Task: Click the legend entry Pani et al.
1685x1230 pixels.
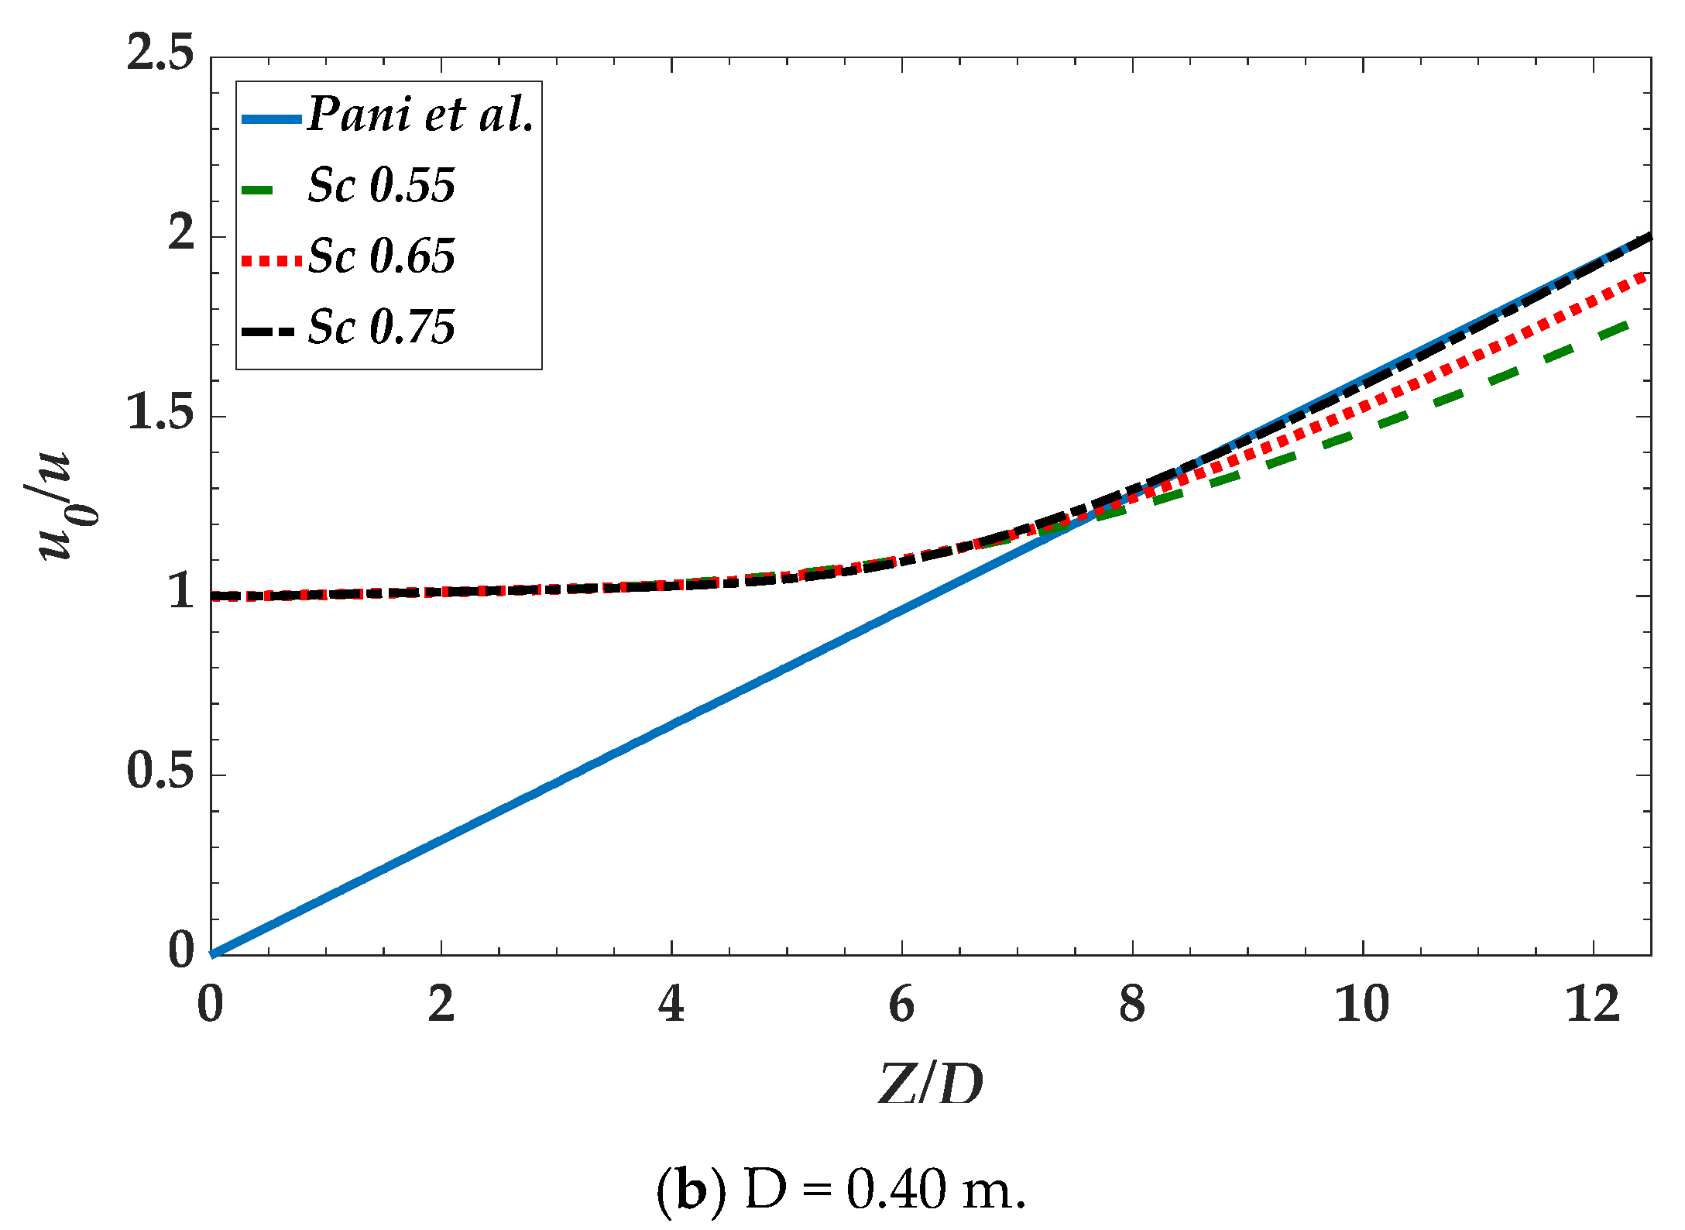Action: tap(420, 115)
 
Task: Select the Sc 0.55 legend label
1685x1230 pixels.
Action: tap(381, 186)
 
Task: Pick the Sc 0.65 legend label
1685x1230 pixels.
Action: tap(381, 256)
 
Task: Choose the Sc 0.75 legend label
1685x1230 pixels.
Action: tap(381, 327)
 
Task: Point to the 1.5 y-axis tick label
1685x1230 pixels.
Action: tap(160, 412)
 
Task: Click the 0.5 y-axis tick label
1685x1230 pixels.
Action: tap(160, 771)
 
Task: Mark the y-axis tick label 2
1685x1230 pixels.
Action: tap(181, 233)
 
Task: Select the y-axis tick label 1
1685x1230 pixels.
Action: tap(181, 593)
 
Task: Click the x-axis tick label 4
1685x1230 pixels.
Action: tap(671, 1005)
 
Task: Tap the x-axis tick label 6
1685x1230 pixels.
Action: tap(901, 1005)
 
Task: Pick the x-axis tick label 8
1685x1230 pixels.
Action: tap(1132, 1005)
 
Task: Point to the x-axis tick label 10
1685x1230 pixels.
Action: tap(1362, 1005)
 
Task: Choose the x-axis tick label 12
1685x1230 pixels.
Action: tap(1593, 1005)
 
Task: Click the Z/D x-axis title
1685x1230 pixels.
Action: tap(931, 1084)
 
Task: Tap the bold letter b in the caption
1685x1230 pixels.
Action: tap(692, 1190)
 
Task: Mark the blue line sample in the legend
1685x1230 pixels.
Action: tap(271, 119)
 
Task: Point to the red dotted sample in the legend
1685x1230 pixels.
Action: tap(271, 261)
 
